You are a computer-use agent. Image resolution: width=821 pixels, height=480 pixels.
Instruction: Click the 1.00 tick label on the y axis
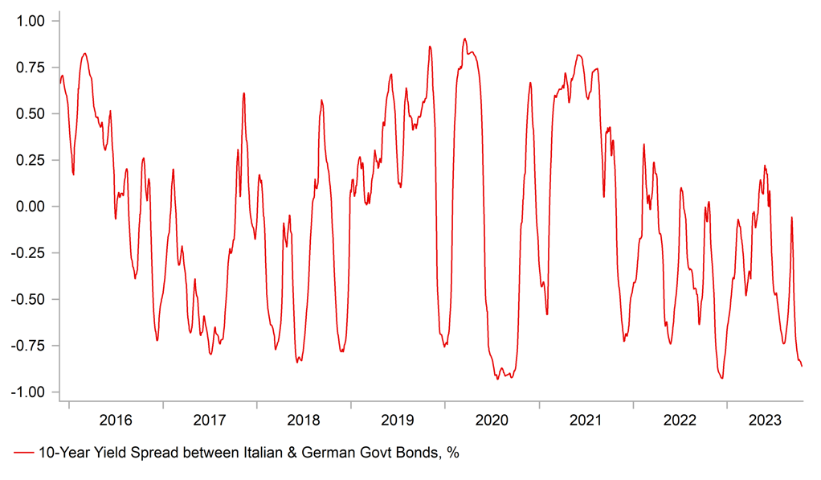[31, 21]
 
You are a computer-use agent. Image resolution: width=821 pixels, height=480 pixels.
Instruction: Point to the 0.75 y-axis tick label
[31, 68]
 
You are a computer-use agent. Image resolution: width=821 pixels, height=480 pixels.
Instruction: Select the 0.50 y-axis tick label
[31, 114]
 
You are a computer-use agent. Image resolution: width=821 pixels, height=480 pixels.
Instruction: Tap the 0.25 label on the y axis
[31, 160]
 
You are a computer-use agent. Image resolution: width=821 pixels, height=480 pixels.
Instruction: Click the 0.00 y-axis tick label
[31, 207]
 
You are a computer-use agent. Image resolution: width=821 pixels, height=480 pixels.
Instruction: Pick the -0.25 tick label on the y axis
[30, 253]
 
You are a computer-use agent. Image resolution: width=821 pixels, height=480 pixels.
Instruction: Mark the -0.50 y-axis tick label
[30, 299]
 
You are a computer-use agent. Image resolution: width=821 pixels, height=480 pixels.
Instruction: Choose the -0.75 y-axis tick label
[30, 346]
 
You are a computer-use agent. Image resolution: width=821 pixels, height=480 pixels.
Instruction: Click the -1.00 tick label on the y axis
[30, 392]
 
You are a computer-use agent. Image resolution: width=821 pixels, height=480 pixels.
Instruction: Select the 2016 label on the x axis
[116, 420]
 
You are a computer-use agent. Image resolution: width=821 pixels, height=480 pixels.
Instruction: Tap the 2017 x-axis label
[210, 420]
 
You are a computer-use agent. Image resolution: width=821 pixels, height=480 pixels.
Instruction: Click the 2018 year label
[304, 420]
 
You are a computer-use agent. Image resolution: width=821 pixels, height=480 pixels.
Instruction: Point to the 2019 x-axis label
[398, 420]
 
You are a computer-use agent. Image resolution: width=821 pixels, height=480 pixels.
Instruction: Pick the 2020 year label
[492, 420]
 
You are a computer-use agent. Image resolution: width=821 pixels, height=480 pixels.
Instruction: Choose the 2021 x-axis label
[586, 420]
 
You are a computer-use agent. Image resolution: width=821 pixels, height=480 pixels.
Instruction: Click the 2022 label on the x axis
[680, 420]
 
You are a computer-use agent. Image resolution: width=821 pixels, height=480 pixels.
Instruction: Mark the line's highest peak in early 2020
[464, 38]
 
